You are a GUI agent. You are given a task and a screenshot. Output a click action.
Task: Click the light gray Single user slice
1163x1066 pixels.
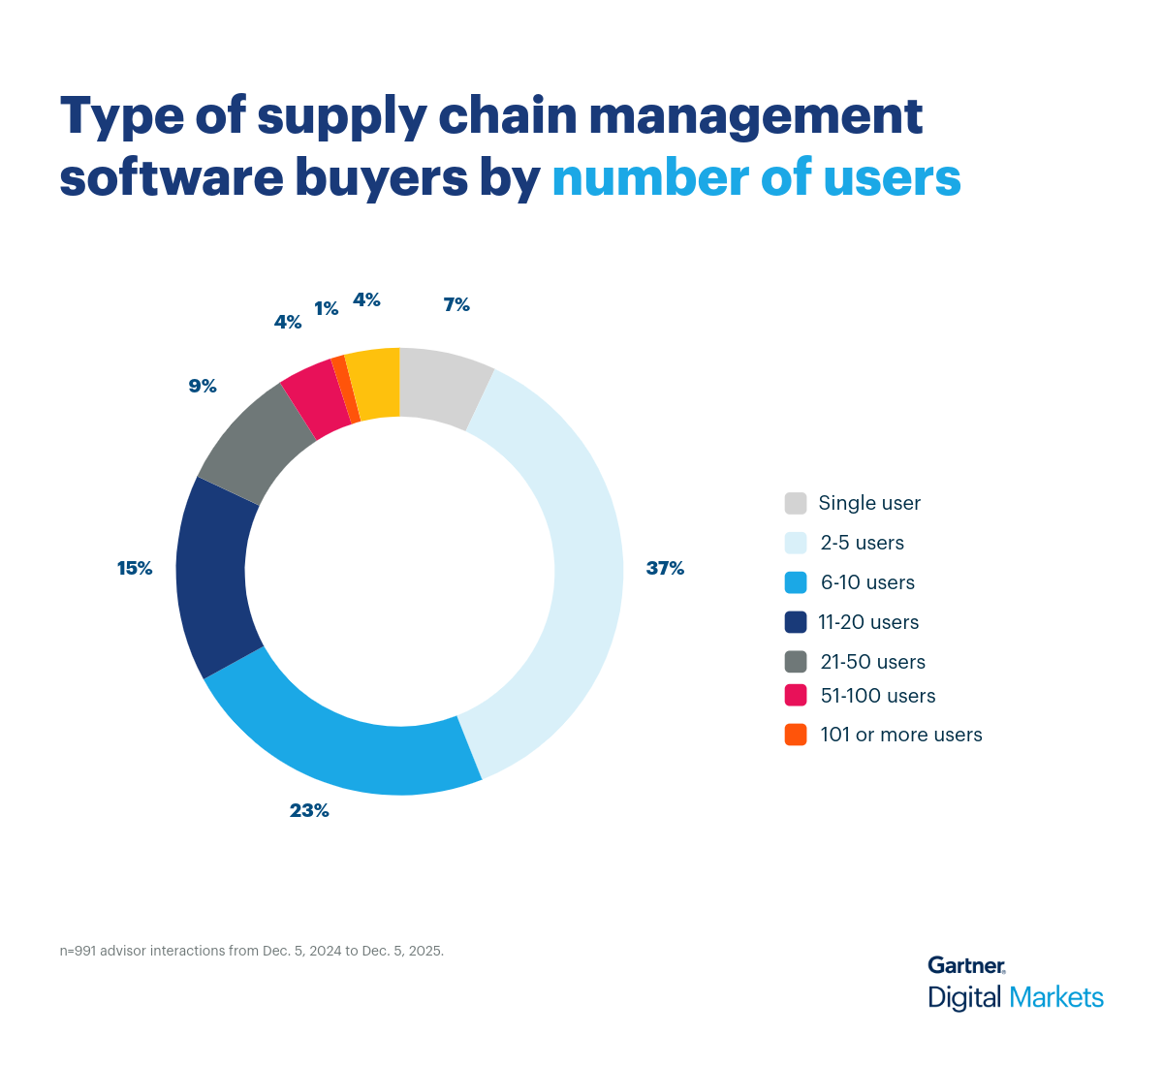coord(441,387)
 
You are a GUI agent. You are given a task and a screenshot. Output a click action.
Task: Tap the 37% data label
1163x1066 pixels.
coord(665,569)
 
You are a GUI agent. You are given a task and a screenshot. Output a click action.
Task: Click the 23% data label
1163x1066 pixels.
coord(309,811)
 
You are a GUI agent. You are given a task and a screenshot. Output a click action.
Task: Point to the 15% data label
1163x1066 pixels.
coord(135,569)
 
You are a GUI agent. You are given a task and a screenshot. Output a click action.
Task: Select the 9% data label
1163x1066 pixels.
coord(203,387)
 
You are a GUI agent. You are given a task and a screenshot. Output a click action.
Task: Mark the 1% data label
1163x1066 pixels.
coord(327,309)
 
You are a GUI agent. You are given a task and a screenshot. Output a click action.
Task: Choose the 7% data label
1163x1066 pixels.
coord(456,305)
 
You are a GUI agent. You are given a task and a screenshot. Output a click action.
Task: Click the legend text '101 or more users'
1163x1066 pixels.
coord(900,736)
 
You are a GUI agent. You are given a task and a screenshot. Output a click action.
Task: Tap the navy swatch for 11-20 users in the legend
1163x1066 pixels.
coord(796,622)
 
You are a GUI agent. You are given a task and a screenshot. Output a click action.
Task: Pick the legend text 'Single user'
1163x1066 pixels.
coord(869,504)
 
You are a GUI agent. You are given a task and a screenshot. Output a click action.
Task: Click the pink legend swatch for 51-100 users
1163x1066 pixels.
coord(796,696)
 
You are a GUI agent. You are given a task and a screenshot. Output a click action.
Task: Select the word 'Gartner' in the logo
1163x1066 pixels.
coord(965,965)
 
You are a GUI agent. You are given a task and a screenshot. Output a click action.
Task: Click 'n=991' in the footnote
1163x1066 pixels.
coord(79,952)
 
